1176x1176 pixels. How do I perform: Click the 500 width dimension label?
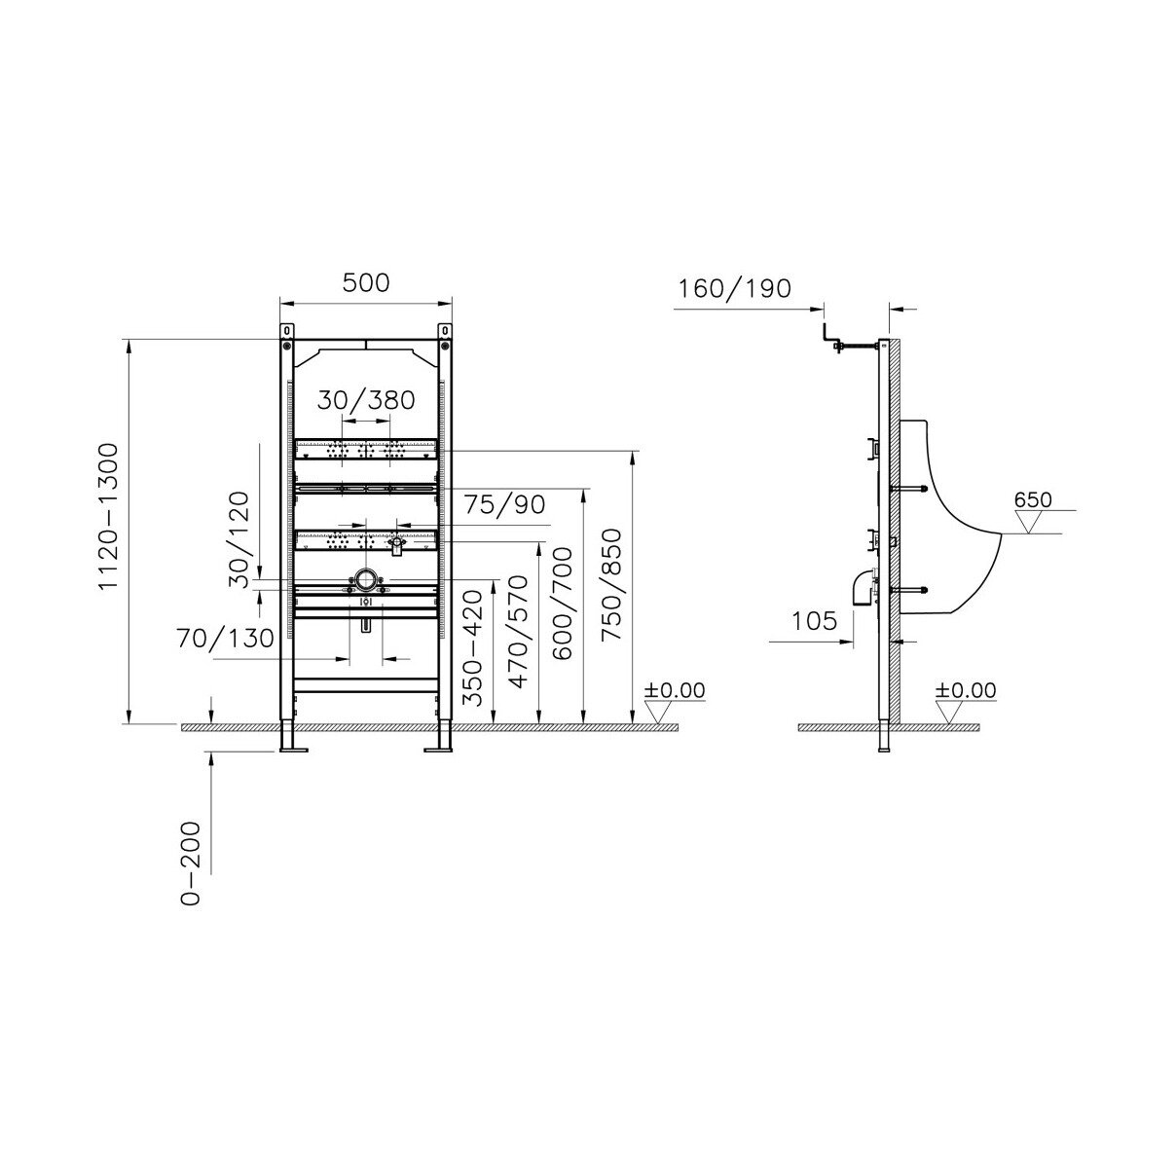point(366,283)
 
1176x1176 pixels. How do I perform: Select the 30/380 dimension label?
point(366,400)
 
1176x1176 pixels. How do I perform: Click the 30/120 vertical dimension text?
point(239,539)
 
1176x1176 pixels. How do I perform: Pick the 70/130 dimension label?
point(225,639)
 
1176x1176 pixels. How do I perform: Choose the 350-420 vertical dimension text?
point(472,648)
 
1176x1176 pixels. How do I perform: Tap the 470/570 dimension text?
point(518,631)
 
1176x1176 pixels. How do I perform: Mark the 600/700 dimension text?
point(562,603)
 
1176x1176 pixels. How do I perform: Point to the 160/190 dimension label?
point(735,289)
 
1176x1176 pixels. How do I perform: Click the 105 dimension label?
point(814,621)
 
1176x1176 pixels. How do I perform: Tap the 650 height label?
point(1033,499)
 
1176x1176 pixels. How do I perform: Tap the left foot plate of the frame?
point(294,749)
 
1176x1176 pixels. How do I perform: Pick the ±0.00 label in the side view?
point(966,690)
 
